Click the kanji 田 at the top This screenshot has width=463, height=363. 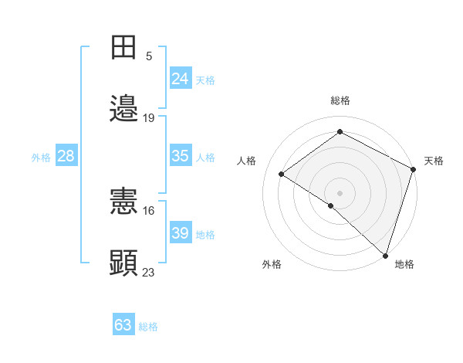click(123, 48)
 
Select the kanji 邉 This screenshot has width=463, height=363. click(123, 108)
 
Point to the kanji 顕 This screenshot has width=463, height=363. click(123, 263)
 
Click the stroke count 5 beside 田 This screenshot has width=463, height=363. click(149, 56)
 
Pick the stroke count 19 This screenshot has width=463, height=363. click(149, 118)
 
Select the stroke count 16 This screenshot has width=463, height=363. click(149, 210)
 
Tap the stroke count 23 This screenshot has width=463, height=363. click(149, 272)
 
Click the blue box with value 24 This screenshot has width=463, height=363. click(180, 79)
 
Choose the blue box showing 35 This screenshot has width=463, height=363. click(180, 156)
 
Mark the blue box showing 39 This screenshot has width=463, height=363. click(180, 233)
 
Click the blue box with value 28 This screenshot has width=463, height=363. click(66, 156)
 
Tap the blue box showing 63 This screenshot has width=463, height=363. click(123, 325)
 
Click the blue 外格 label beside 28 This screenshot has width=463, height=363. click(41, 158)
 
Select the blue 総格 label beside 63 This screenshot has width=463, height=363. click(148, 327)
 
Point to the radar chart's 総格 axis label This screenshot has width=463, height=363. click(340, 100)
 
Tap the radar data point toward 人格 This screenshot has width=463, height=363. click(282, 174)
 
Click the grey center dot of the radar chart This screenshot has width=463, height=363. click(340, 192)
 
